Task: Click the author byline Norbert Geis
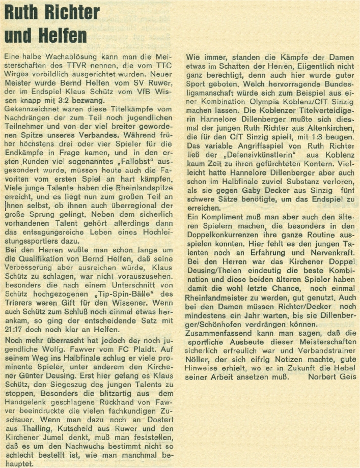pos(333,377)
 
